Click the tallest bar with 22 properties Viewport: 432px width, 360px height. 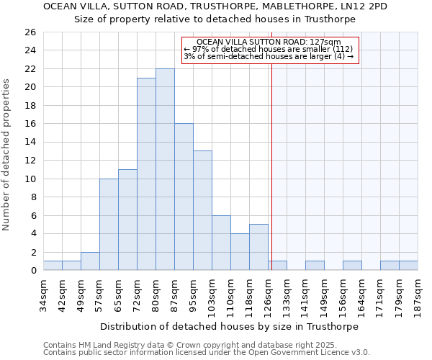(x=165, y=169)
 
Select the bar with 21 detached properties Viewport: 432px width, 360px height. (x=146, y=174)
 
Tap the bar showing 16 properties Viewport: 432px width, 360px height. (x=184, y=197)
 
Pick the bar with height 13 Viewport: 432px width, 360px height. (x=202, y=210)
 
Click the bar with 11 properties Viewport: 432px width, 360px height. (x=127, y=220)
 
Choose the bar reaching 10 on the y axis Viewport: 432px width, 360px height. (x=109, y=224)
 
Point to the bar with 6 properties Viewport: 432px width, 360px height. (x=221, y=243)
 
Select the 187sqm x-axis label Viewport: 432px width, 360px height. (x=418, y=295)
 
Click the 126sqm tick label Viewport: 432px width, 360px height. (x=268, y=295)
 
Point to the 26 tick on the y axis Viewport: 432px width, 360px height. (x=30, y=32)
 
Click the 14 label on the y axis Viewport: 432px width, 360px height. (x=30, y=143)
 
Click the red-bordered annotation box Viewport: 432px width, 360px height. (x=269, y=49)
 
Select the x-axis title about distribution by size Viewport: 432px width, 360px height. (x=228, y=326)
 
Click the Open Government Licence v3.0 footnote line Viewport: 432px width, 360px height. (x=207, y=352)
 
